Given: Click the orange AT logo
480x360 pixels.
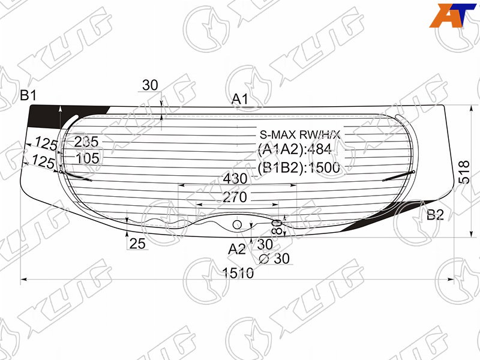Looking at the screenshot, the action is point(452,16).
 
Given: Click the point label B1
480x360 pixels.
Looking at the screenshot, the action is point(28,95).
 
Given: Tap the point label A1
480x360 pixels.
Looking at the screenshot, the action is point(239,99).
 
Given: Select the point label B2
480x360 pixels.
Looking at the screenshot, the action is point(435,215).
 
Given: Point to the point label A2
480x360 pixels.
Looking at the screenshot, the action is point(236,250).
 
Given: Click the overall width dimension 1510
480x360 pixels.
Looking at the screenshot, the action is point(238,273).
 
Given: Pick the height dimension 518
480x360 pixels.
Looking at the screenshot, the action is point(464,172).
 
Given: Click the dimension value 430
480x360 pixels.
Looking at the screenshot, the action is point(235,178).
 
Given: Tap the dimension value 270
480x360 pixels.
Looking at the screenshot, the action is point(235,197).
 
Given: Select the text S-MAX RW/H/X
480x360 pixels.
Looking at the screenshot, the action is point(300,134).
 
